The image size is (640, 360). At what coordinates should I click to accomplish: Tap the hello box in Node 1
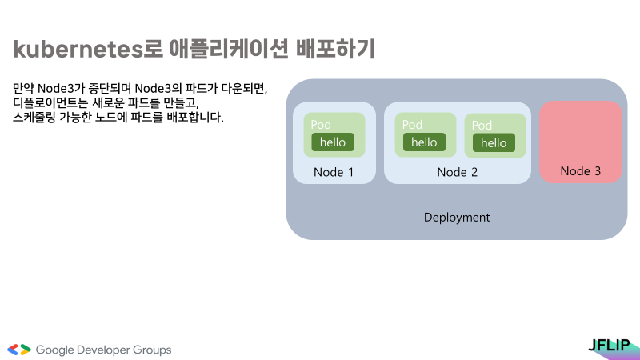click(x=332, y=142)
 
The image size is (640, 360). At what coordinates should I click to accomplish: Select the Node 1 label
click(x=333, y=172)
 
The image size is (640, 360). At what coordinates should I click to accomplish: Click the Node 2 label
click(x=457, y=172)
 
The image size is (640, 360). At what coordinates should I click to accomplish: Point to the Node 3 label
click(x=580, y=171)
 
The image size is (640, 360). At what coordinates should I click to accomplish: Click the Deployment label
click(x=456, y=218)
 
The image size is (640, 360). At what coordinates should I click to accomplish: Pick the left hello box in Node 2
click(x=424, y=142)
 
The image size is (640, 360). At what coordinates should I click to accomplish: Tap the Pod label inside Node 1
click(x=321, y=125)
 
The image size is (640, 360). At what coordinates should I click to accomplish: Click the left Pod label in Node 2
click(x=412, y=125)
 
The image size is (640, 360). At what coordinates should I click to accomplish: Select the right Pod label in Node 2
click(x=482, y=126)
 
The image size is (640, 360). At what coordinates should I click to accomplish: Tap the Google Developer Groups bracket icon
click(x=19, y=350)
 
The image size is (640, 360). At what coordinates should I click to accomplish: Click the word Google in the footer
click(x=55, y=350)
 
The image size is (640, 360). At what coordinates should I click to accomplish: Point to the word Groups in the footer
click(x=152, y=350)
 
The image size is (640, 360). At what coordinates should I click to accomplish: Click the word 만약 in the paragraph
click(x=23, y=87)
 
